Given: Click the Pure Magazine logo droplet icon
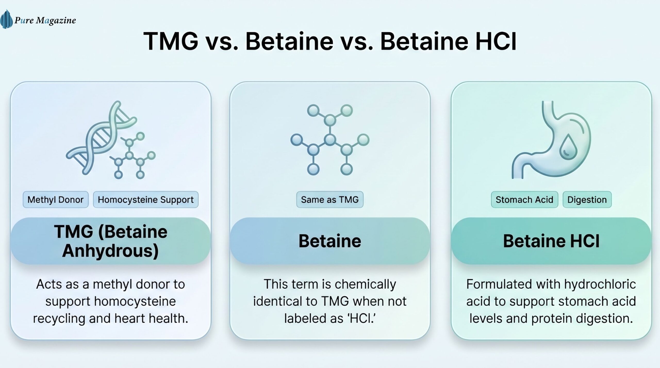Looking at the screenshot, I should pos(6,19).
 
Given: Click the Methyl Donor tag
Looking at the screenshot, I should pos(55,200).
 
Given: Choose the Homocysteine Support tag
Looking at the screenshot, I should pos(146,200).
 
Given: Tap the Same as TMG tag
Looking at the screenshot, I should pos(330,200).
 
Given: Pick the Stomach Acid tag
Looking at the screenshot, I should pos(524,200).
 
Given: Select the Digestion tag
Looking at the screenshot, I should pos(587,200).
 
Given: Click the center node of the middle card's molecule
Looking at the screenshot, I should pos(330,140).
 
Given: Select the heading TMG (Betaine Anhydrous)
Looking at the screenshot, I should pos(111,241).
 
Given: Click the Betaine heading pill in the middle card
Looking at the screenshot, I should pos(330,241).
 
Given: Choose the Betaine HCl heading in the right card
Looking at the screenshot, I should pos(551,241).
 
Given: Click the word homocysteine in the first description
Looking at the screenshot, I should pos(135,301).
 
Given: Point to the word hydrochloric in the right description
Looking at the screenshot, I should pos(600,284).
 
